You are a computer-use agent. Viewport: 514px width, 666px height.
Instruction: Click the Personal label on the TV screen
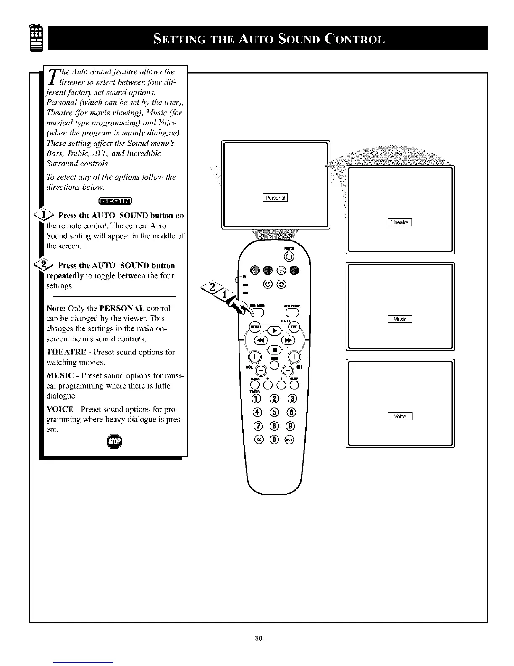tap(275, 198)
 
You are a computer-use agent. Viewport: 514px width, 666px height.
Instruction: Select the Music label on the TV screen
tap(400, 319)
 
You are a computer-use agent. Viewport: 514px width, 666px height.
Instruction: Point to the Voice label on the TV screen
tap(400, 417)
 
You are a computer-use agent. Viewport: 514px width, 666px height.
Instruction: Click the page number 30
tap(258, 638)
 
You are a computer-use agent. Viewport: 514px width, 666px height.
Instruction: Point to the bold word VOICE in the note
tap(60, 409)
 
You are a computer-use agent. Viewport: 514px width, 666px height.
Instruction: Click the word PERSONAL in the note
tap(122, 308)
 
